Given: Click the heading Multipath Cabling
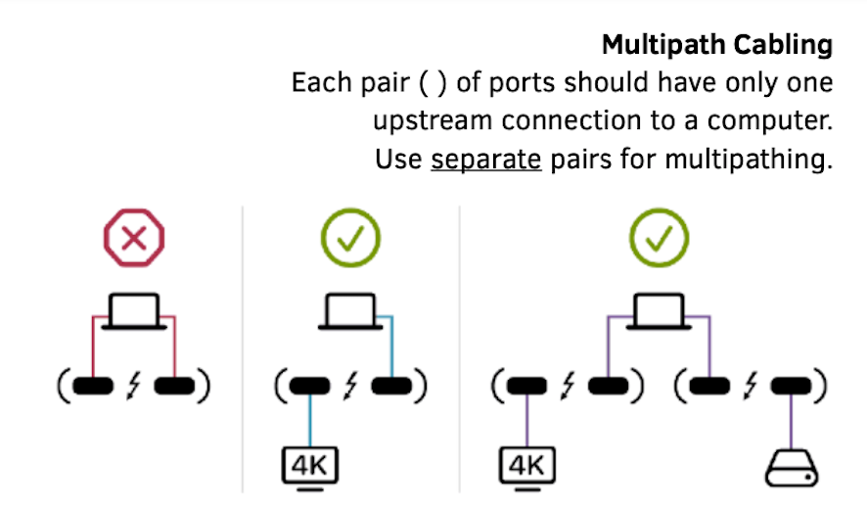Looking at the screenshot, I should [717, 45].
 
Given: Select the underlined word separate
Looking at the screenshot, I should [485, 159].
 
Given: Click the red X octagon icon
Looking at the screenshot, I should [134, 238].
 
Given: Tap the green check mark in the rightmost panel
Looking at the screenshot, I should [659, 238].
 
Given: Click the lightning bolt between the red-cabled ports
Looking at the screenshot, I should [134, 387].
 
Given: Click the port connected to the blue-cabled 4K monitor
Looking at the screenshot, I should [308, 387].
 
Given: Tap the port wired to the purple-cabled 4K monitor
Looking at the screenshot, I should [528, 387].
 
